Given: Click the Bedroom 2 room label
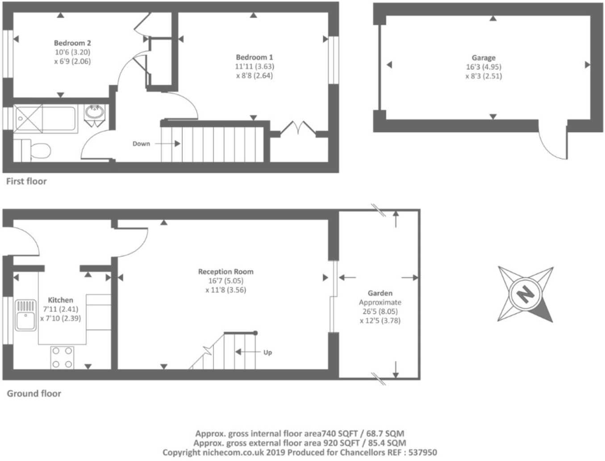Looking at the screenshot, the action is [72, 43].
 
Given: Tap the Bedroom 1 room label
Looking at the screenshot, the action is [255, 57].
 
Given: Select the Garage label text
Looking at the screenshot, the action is [484, 58].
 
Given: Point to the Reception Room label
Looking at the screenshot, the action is [226, 272].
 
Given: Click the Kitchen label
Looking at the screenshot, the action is [61, 300].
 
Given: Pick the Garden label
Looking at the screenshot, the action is [380, 293].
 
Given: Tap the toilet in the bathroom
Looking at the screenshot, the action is [32, 151].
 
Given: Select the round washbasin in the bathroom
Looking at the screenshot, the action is [95, 112].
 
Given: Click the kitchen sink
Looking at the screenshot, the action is [25, 315].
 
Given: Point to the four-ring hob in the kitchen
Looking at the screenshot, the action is [62, 358].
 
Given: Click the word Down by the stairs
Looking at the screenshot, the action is [142, 144].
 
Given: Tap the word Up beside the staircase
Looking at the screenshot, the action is [267, 352].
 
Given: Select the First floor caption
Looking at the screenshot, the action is [26, 181].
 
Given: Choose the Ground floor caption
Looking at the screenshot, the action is [34, 394].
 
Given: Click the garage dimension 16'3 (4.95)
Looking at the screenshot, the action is [484, 67].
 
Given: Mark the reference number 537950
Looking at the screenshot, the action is [422, 453].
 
